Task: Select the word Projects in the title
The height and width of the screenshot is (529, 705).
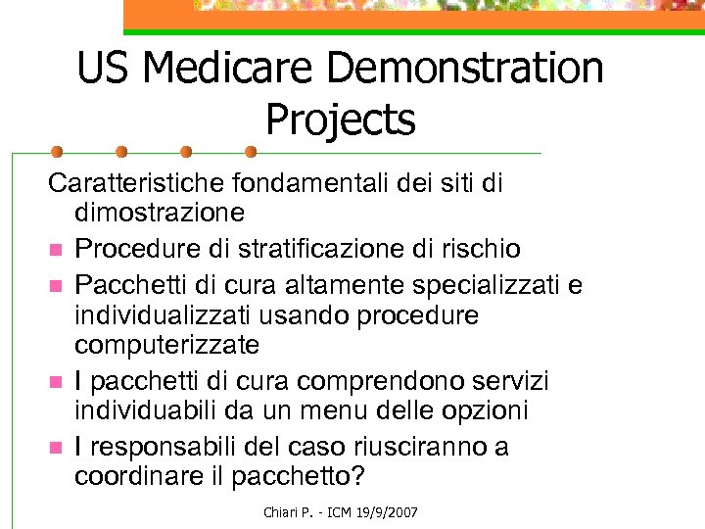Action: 340,120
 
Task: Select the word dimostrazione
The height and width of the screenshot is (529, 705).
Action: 160,211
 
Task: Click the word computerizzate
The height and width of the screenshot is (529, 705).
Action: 166,343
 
